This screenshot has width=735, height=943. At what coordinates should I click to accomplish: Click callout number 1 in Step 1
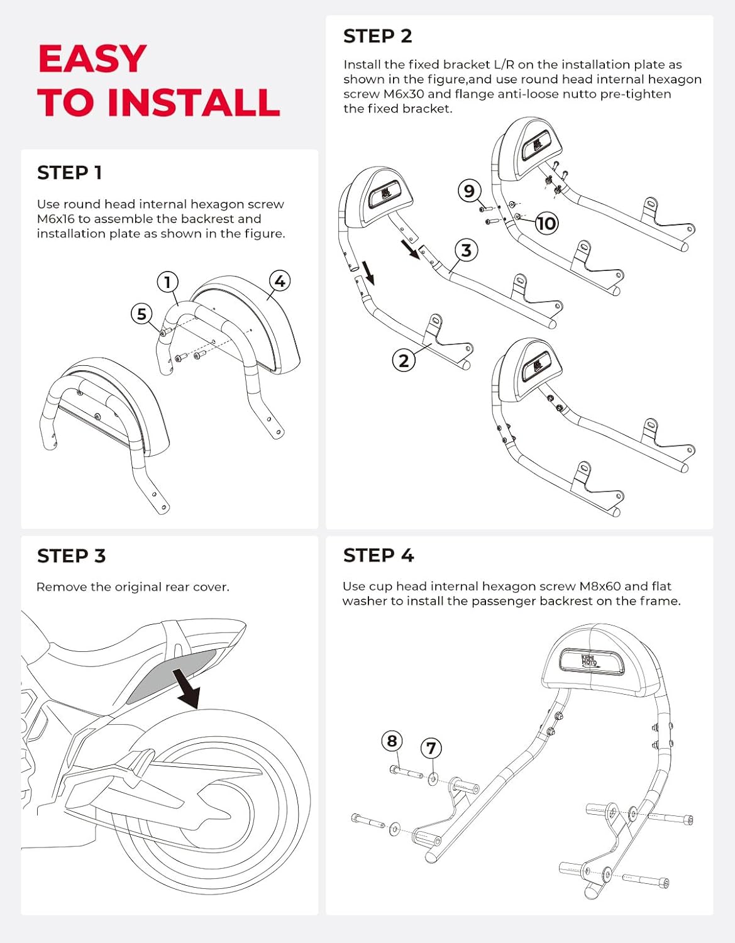tap(167, 282)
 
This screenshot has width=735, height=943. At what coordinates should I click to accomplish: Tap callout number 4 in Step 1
tap(280, 281)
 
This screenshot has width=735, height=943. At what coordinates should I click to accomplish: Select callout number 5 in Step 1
tap(141, 314)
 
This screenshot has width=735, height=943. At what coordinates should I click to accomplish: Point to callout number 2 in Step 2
tap(404, 360)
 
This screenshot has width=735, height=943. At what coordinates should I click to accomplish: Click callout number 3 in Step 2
tap(466, 250)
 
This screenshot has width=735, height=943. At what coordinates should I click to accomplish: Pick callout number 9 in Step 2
tap(469, 190)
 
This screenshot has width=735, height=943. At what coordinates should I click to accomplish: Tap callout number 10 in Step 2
tap(546, 223)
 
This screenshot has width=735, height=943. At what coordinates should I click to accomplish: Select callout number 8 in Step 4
tap(392, 741)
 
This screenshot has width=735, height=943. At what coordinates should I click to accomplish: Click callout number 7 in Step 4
tap(431, 748)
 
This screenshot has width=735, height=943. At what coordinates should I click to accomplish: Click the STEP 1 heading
tap(69, 173)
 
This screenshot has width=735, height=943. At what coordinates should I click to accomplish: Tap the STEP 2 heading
tap(377, 36)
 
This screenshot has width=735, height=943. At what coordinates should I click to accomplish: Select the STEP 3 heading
tap(71, 556)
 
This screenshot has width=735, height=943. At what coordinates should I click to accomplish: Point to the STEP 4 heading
tap(378, 556)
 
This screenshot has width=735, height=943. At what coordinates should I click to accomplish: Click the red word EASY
tap(92, 59)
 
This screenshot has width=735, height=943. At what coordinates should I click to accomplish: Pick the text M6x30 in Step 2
tap(404, 94)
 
